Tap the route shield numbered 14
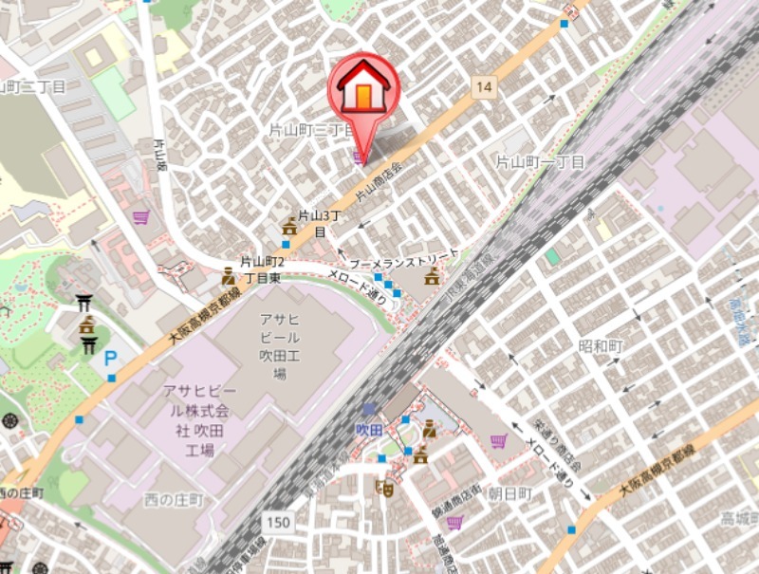click(485, 87)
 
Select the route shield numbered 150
click(278, 523)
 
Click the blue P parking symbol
click(111, 359)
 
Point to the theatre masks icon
click(385, 488)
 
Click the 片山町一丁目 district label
click(541, 162)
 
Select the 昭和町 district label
click(600, 345)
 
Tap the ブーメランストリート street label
click(403, 258)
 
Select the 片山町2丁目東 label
click(261, 269)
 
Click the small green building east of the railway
click(552, 257)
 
